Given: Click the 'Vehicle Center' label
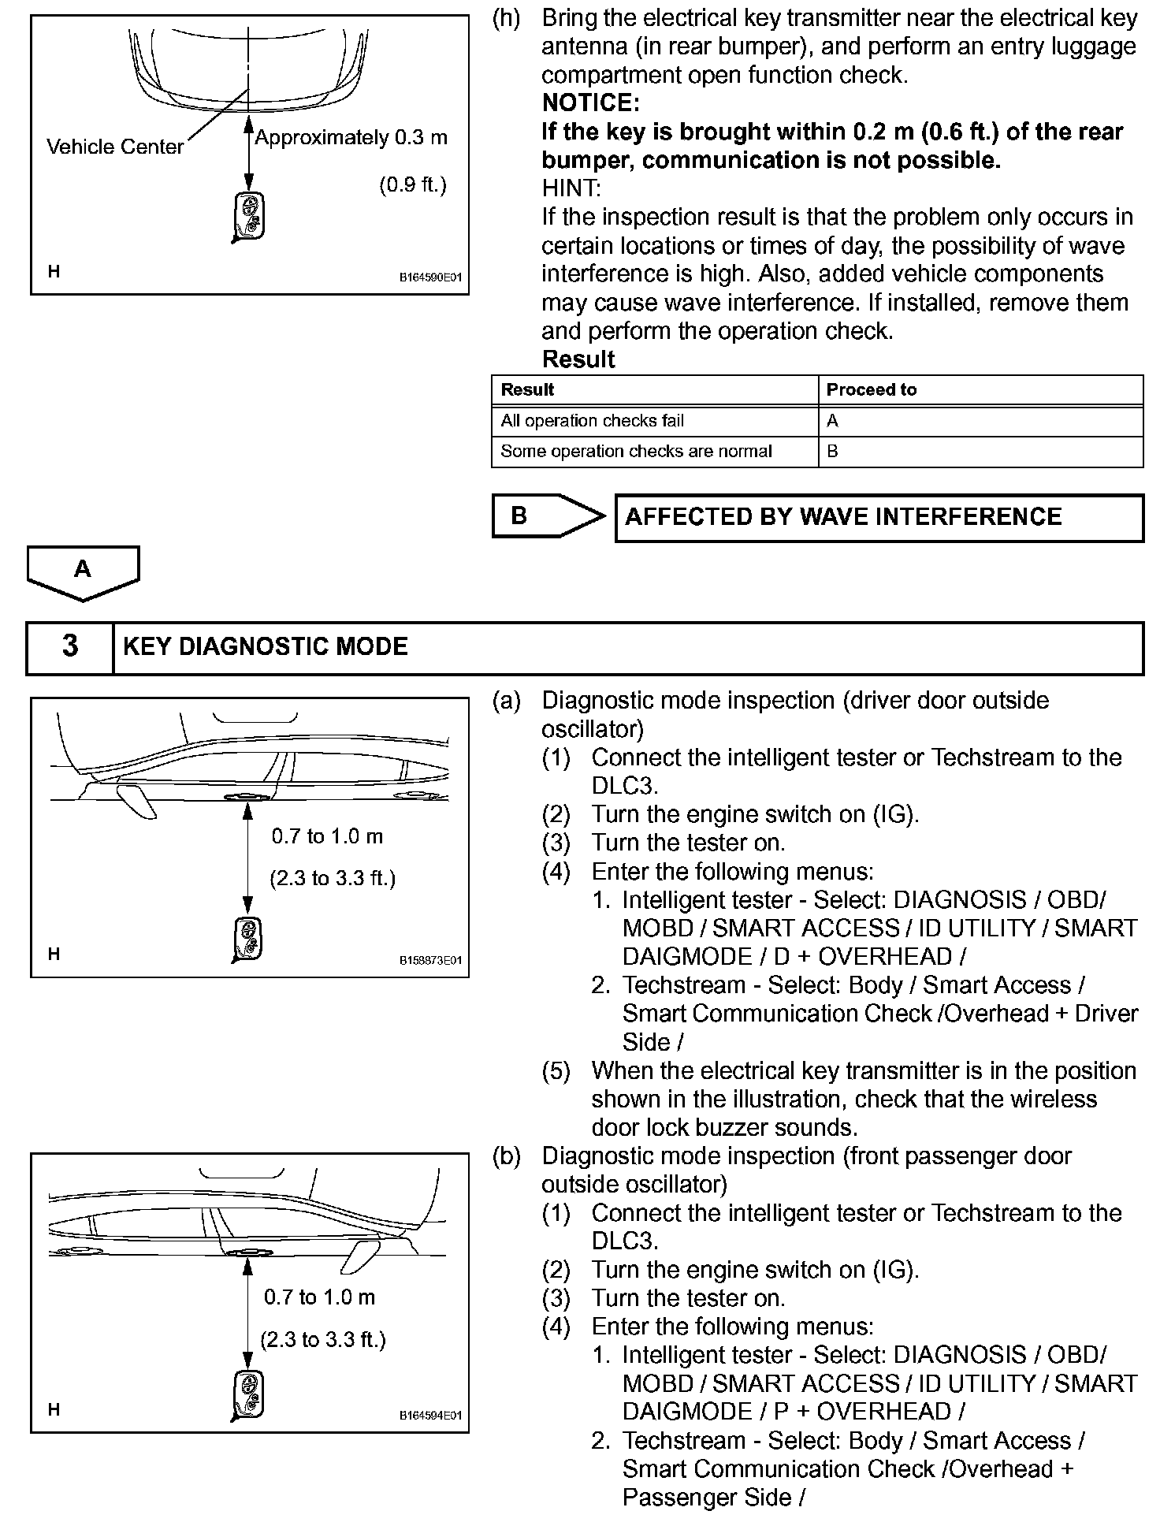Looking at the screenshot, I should click(114, 147).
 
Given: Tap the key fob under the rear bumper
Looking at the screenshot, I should click(250, 216).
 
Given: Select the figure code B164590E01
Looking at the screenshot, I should click(429, 277).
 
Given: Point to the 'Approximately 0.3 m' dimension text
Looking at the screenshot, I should click(351, 138).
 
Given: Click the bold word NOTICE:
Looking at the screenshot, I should click(590, 103).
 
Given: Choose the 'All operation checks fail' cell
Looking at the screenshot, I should click(593, 421).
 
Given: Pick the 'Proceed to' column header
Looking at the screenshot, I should click(871, 389).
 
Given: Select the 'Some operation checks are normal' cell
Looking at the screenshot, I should click(636, 452).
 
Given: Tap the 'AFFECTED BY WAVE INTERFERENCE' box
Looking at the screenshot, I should click(879, 517).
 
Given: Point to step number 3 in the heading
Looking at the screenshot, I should click(70, 646).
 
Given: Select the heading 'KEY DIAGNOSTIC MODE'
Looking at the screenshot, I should click(266, 646).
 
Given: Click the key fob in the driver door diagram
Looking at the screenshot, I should click(248, 940).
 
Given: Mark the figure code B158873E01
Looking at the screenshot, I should click(429, 960).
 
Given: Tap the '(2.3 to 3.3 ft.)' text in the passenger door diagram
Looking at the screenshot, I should click(323, 1340).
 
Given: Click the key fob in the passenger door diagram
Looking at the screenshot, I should click(248, 1395).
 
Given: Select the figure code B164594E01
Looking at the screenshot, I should click(429, 1416).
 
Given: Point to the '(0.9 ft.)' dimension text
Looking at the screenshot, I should click(412, 184).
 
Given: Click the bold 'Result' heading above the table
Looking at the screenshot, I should click(578, 359).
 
